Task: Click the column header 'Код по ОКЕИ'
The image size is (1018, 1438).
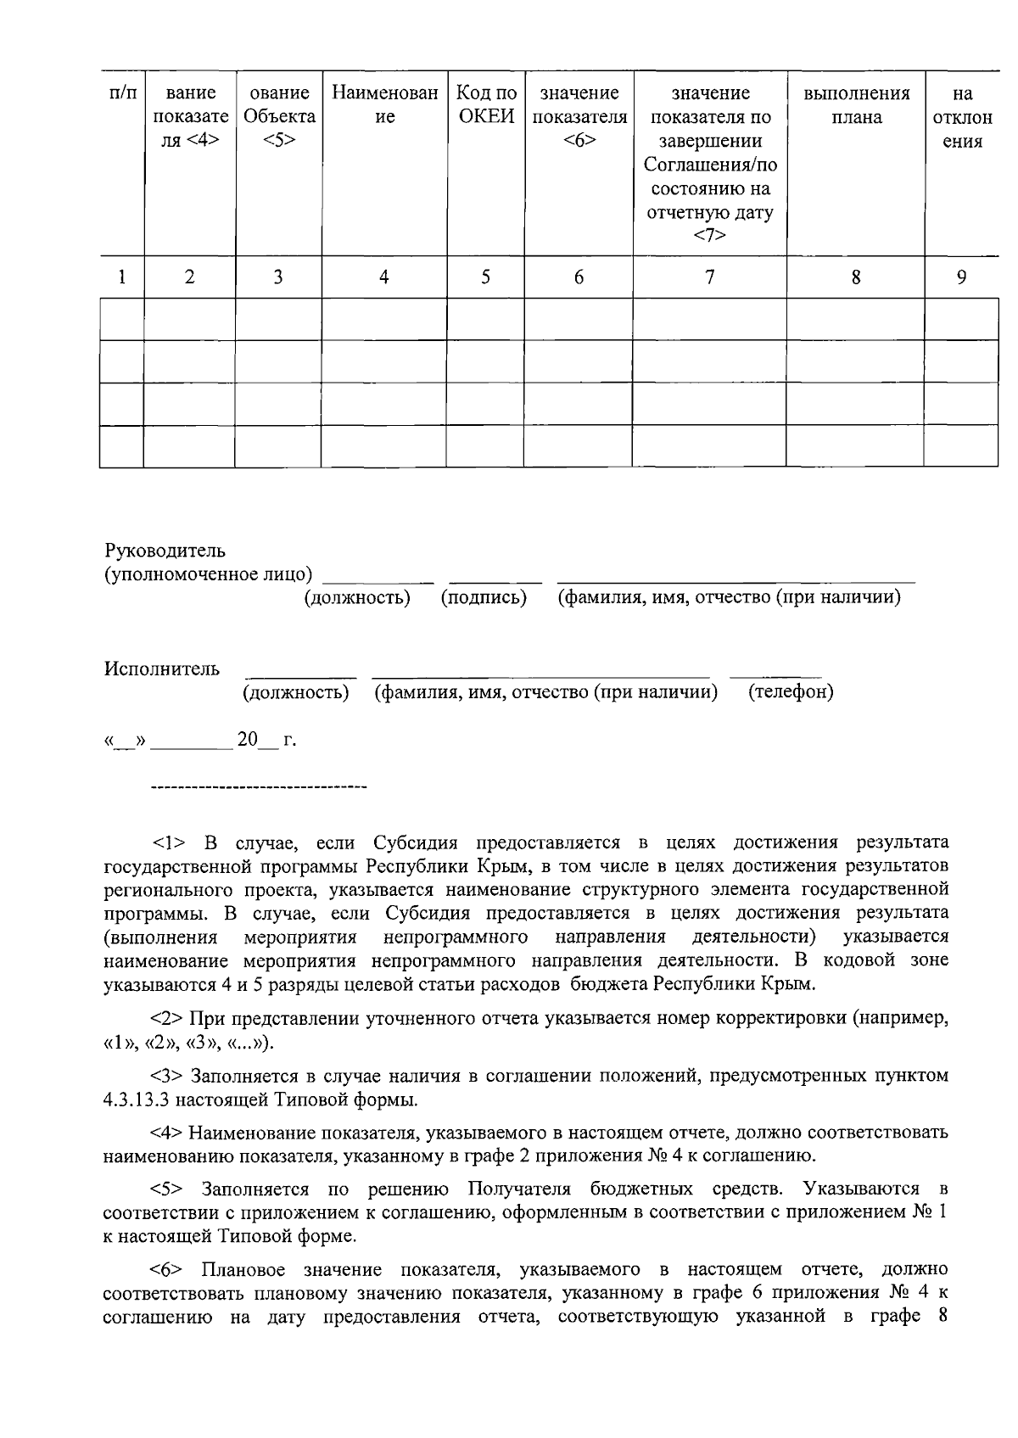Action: pos(486,104)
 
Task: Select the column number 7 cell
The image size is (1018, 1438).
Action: pos(709,277)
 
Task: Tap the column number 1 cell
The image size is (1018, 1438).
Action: pos(122,277)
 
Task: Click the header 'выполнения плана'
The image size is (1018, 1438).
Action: pos(855,104)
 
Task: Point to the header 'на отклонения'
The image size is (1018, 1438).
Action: pos(962,117)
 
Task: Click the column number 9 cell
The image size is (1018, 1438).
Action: pos(961,277)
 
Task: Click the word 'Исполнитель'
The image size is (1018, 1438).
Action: pos(162,669)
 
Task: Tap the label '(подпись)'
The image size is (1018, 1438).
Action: pos(484,597)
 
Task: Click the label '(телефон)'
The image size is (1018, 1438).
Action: pos(791,691)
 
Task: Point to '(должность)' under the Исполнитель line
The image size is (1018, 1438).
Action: pos(296,691)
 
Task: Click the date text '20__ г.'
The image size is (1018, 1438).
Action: pos(266,740)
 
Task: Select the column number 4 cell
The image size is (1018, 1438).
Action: pos(384,277)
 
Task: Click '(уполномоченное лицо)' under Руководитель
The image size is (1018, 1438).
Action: pos(208,574)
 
